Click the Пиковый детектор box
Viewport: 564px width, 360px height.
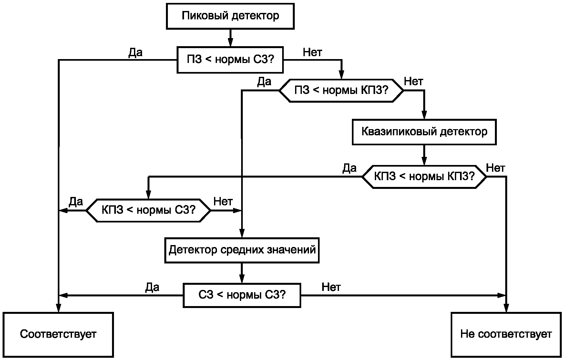[230, 16]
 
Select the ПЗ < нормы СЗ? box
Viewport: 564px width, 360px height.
[230, 60]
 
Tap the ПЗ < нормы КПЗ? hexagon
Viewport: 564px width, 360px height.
[341, 90]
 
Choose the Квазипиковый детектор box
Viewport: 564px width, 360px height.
[424, 132]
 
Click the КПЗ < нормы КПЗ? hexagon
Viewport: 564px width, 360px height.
[424, 177]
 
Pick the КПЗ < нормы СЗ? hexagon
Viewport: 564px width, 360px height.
[149, 211]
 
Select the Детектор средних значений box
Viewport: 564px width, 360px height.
[242, 250]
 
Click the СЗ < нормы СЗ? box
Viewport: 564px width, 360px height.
[242, 295]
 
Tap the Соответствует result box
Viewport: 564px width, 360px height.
[58, 334]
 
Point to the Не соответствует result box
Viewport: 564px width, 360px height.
[506, 334]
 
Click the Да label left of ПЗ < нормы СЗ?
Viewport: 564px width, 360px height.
[136, 53]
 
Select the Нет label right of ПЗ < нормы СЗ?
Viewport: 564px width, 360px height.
[313, 52]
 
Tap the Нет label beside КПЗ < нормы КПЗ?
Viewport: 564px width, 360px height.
[496, 168]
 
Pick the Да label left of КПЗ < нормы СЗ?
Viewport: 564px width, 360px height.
[76, 202]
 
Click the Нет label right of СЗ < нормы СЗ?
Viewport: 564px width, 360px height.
[331, 287]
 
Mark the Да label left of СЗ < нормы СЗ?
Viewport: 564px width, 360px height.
[152, 287]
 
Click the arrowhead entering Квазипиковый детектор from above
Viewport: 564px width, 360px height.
[424, 115]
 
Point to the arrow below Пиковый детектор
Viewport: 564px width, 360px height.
[230, 38]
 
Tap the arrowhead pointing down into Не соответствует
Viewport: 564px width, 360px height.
[506, 308]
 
